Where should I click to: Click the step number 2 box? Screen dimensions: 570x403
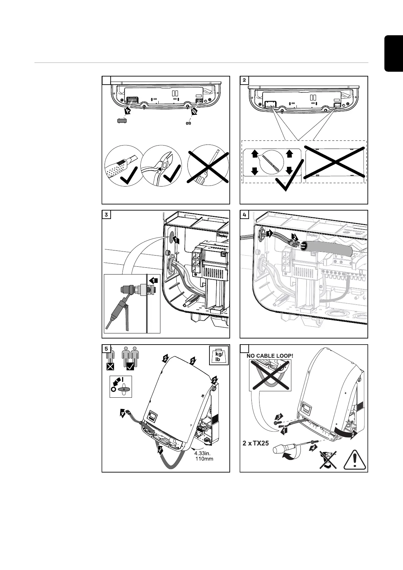tap(244, 80)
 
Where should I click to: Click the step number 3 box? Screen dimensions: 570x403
tap(106, 214)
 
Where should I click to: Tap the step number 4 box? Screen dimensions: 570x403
tap(244, 214)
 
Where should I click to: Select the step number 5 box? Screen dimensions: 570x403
tap(106, 349)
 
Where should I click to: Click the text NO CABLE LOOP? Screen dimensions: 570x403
tap(268, 356)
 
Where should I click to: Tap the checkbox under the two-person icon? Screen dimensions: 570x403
tap(130, 366)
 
